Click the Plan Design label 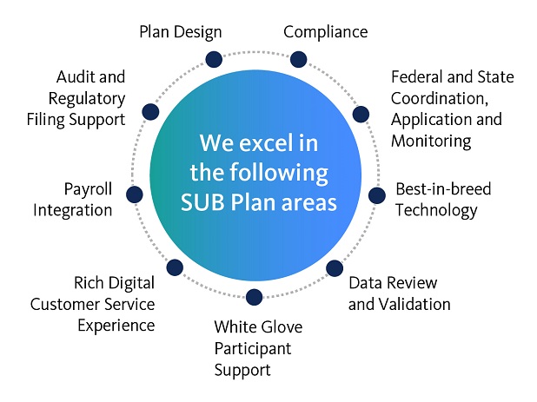(x=181, y=32)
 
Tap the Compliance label (x=325, y=32)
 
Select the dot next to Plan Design (x=214, y=59)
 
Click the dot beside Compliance (x=298, y=59)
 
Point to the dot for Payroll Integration (x=134, y=194)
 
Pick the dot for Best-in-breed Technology (x=377, y=195)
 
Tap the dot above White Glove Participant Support (x=254, y=297)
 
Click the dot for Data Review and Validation (x=335, y=268)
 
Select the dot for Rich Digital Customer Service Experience (x=175, y=267)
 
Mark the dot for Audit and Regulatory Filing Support (x=150, y=111)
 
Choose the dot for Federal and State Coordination (x=361, y=114)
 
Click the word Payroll (x=88, y=189)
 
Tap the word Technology (x=436, y=211)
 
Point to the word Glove (x=282, y=326)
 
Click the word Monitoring (x=431, y=142)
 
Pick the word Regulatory (x=87, y=99)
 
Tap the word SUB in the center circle (x=202, y=202)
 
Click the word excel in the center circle (x=266, y=142)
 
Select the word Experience (x=116, y=326)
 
